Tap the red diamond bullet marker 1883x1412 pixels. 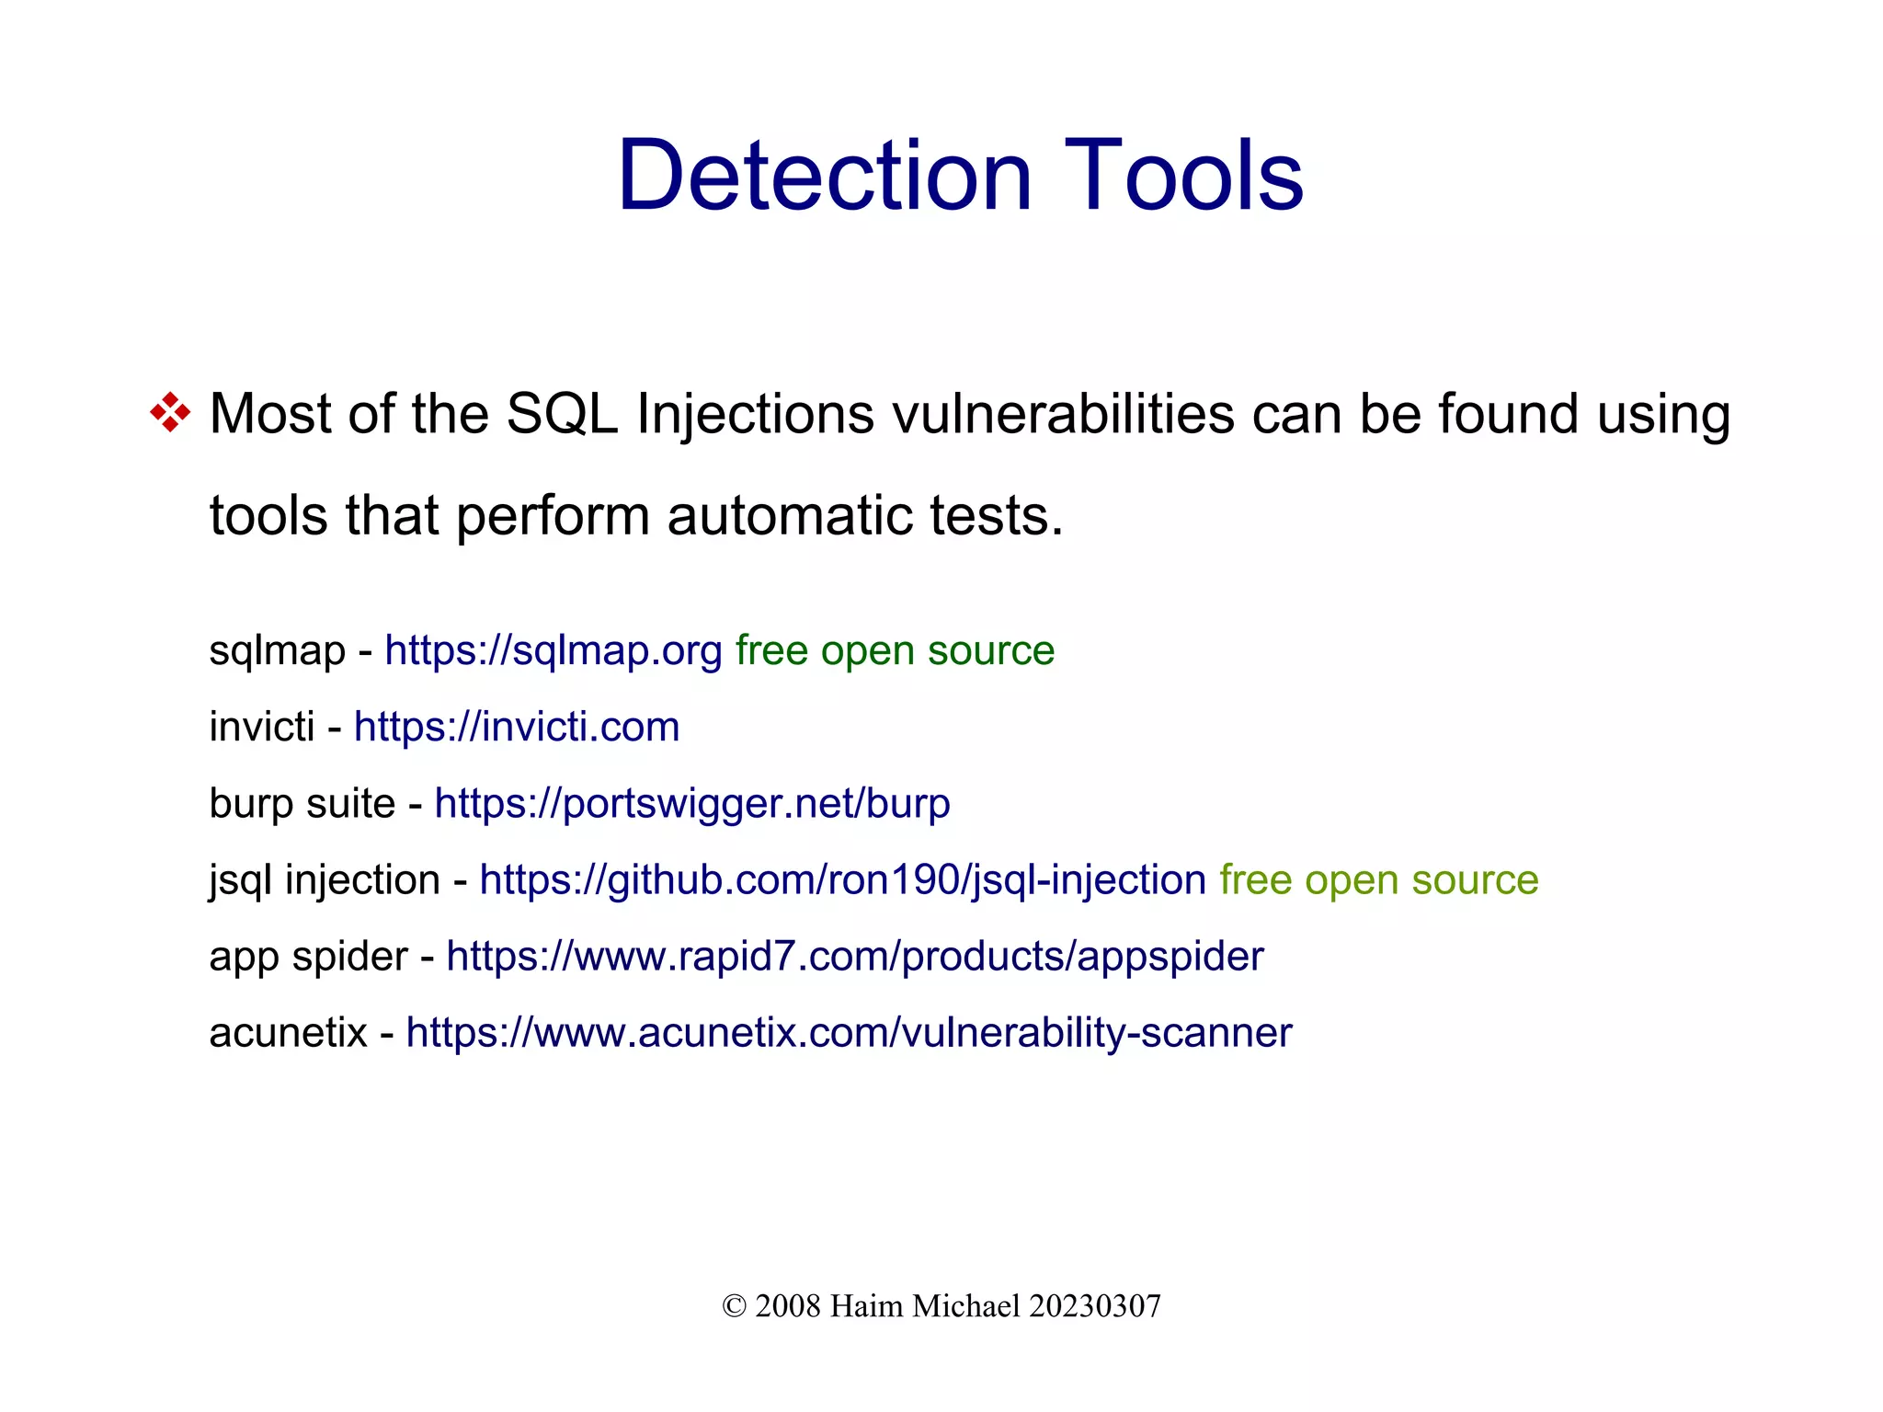pos(170,412)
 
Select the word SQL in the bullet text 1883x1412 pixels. pos(562,414)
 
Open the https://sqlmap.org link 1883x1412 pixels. pos(553,650)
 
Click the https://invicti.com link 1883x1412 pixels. pos(517,727)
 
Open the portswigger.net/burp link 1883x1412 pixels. pos(692,803)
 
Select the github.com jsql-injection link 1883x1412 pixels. pos(842,879)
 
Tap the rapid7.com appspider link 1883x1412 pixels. pos(855,956)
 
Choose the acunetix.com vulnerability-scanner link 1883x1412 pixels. pos(849,1032)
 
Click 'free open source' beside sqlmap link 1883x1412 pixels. pos(895,650)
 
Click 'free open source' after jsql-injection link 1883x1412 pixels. pos(1378,879)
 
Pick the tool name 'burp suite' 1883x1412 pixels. pos(302,803)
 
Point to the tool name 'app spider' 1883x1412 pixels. pos(308,956)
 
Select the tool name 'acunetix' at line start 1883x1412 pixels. pos(288,1032)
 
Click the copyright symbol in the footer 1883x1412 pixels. pos(734,1306)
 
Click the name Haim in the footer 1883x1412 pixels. pos(867,1306)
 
